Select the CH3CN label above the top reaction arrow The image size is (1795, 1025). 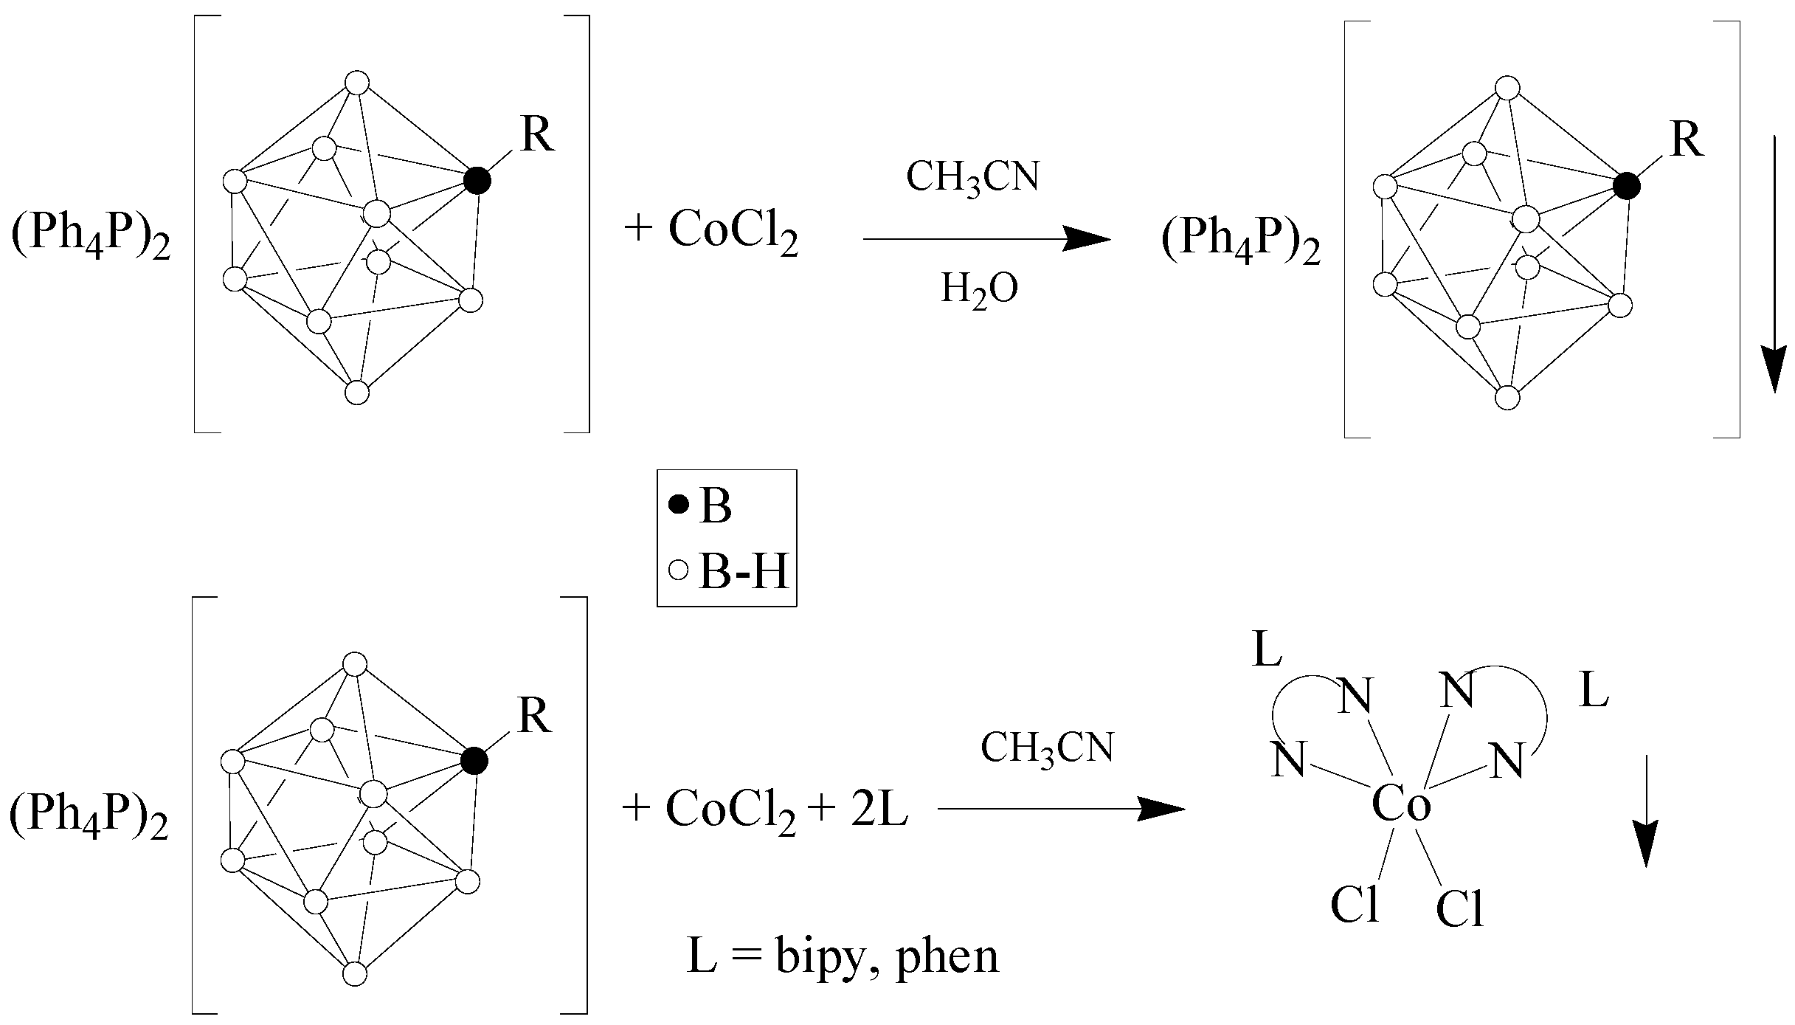(x=972, y=178)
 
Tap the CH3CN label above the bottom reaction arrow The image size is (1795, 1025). (x=1046, y=748)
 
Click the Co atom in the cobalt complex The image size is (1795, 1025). (x=1401, y=804)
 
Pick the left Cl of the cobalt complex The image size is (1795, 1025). (x=1355, y=905)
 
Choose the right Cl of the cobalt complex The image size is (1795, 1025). (x=1460, y=909)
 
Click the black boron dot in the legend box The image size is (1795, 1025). (x=679, y=505)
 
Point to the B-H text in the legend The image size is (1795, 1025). (x=743, y=570)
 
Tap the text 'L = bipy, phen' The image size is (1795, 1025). (x=843, y=956)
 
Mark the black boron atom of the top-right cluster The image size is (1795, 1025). (x=1626, y=187)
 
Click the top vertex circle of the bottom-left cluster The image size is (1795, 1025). (x=356, y=663)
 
